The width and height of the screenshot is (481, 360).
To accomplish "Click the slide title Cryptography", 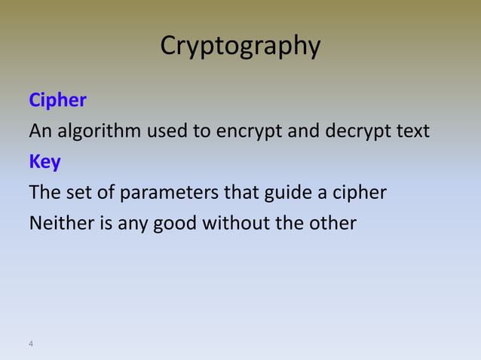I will point(240,47).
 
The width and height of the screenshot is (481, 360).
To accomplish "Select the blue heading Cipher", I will point(57,100).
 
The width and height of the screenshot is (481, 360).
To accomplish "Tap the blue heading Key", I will point(44,162).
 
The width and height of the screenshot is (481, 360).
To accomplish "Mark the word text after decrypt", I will point(412,132).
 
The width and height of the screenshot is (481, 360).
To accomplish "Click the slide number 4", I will point(31,344).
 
